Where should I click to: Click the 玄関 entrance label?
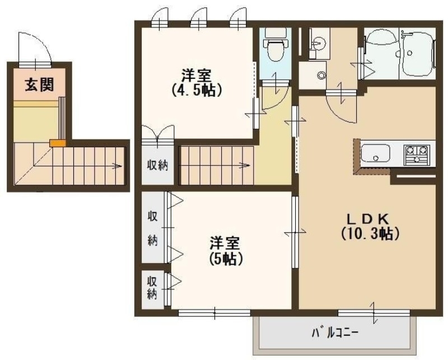(x=39, y=85)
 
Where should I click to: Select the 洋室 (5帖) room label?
(x=226, y=250)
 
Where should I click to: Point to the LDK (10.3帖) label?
(x=370, y=226)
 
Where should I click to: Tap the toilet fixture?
(x=274, y=49)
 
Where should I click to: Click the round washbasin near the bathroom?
(x=319, y=43)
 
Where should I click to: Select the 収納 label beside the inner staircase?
(x=156, y=166)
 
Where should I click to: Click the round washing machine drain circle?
(x=321, y=75)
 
